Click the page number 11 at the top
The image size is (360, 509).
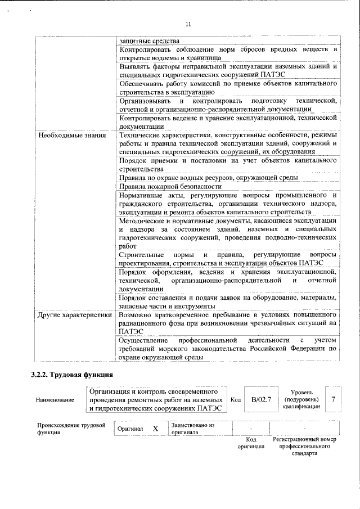click(188, 24)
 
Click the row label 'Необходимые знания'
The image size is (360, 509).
click(71, 135)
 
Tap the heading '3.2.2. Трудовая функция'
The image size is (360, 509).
click(72, 375)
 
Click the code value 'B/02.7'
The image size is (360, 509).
click(261, 399)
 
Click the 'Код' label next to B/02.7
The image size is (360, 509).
click(236, 399)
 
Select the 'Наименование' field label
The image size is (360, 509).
click(55, 400)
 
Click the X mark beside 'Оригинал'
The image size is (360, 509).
click(156, 429)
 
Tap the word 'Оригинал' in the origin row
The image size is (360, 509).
click(130, 429)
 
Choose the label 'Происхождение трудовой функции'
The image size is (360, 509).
click(71, 429)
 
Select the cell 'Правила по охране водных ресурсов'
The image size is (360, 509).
click(208, 178)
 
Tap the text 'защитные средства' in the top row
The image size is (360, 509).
click(149, 40)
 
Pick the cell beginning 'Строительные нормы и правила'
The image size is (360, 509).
click(228, 259)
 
